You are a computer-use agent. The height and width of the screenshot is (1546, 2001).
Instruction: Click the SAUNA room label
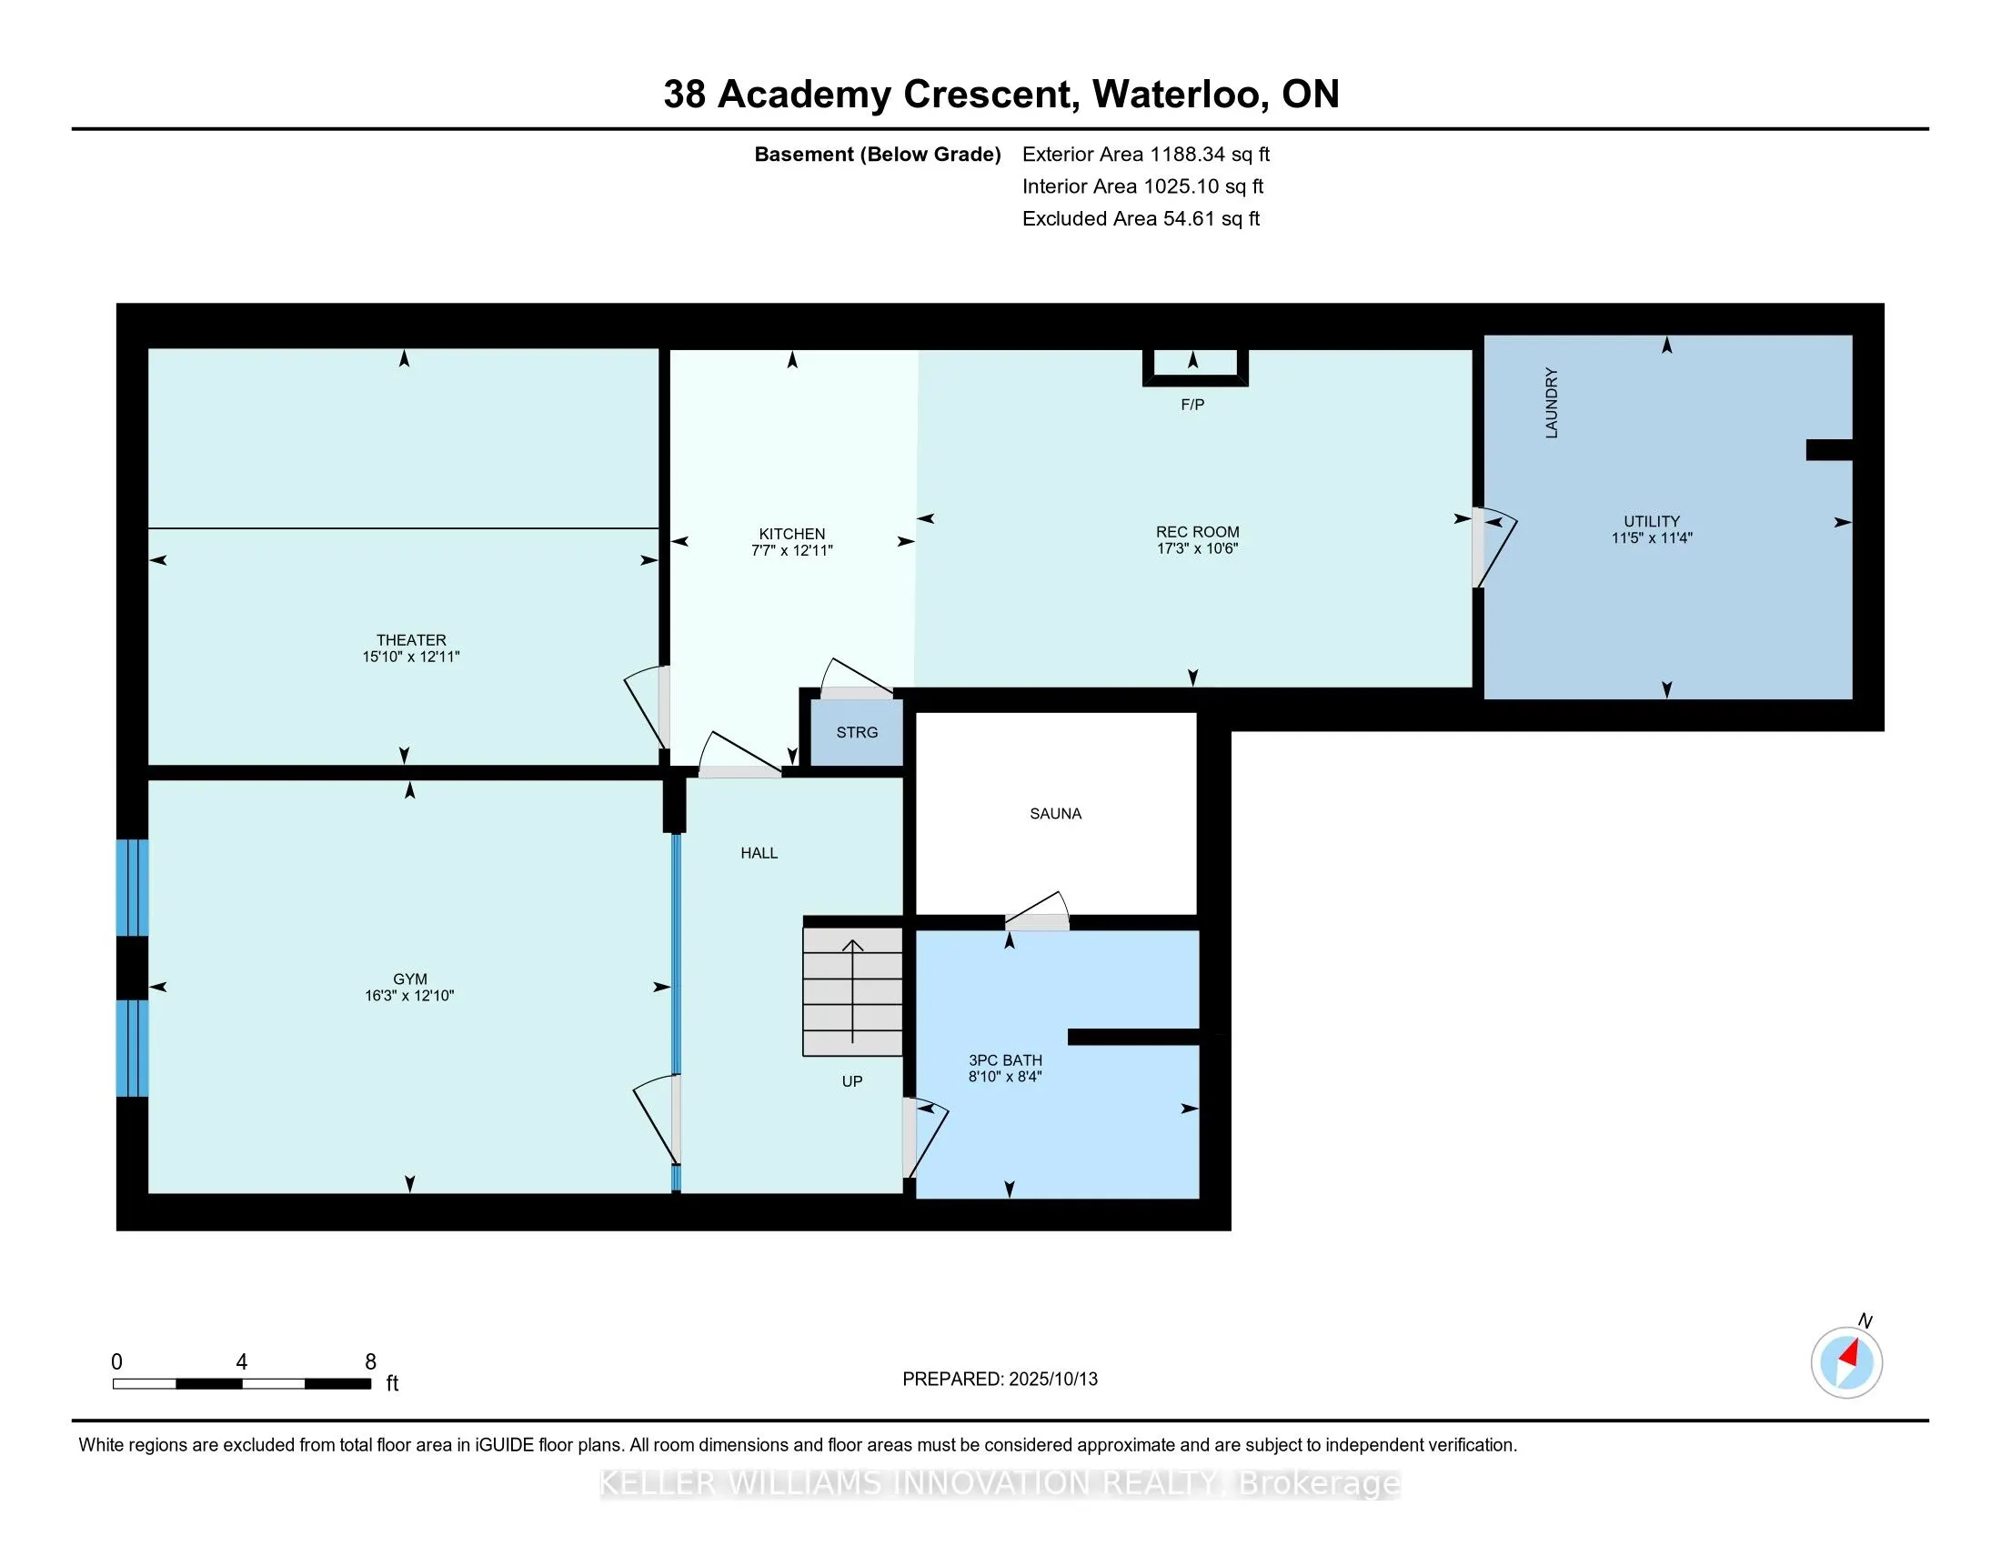pos(1055,813)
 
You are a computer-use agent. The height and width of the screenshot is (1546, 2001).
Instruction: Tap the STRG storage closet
pos(857,732)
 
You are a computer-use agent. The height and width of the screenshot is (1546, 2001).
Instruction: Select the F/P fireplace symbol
pos(1195,367)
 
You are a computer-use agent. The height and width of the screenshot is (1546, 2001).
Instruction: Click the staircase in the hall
pos(853,992)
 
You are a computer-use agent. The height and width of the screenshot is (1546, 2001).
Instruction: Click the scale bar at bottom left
pos(242,1384)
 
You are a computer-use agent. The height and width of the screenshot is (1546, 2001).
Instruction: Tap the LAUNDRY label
pos(1551,403)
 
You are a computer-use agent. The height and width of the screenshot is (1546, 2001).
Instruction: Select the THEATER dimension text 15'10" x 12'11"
pos(411,657)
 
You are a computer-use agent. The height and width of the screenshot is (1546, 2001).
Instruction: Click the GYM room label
pos(409,979)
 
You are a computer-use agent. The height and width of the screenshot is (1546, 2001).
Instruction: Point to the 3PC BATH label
pos(1005,1060)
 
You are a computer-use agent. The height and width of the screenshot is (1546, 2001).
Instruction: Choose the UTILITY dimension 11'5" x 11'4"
pos(1652,538)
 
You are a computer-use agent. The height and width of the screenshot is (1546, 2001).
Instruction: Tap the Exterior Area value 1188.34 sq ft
pos(1211,154)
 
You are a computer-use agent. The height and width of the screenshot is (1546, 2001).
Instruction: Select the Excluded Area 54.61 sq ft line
pos(1141,218)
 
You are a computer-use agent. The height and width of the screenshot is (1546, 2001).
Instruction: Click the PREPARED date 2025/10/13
pos(1052,1380)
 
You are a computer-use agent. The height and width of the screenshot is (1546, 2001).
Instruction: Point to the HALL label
pos(759,853)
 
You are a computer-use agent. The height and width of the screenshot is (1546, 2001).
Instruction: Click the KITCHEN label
pos(791,534)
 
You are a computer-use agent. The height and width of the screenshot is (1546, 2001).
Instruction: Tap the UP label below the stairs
pos(852,1081)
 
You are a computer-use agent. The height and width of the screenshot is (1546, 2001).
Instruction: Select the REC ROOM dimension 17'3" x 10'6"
pos(1198,548)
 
